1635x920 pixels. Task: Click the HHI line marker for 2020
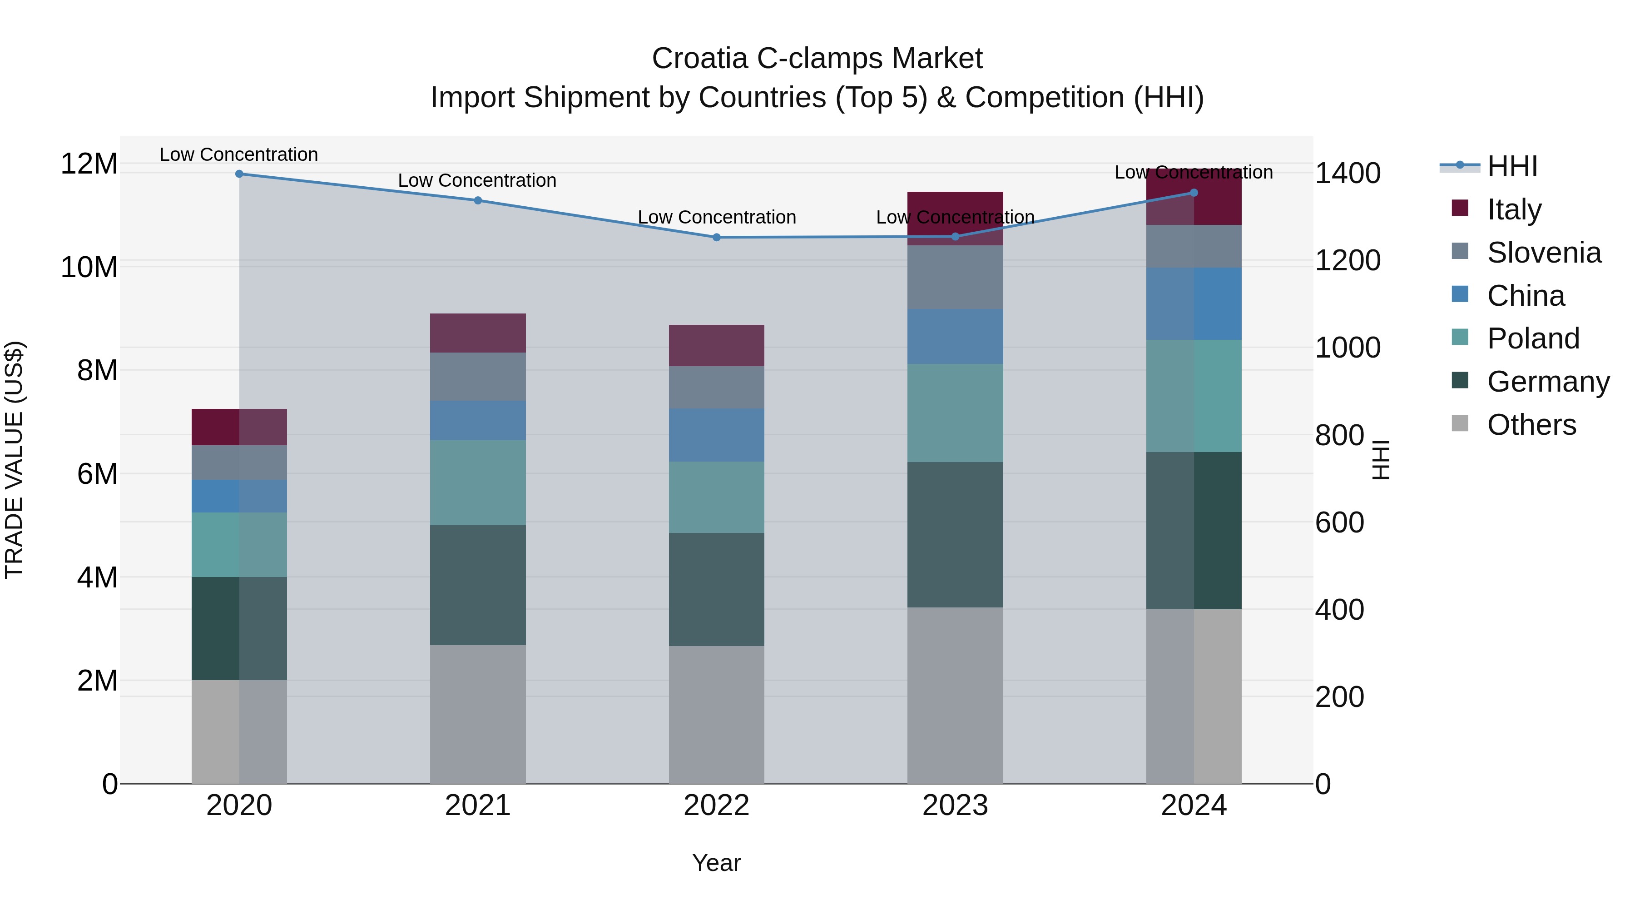[x=239, y=174]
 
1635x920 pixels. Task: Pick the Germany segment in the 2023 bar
[x=955, y=535]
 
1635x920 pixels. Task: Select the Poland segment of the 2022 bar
[x=717, y=497]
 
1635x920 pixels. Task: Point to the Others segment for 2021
[x=478, y=714]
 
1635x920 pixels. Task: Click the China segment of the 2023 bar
[x=955, y=337]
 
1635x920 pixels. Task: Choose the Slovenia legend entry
[x=1544, y=253]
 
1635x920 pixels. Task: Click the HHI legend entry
[x=1512, y=166]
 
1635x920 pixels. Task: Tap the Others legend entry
[x=1531, y=425]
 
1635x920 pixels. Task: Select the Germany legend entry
[x=1547, y=382]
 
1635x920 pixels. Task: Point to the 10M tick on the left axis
[x=89, y=267]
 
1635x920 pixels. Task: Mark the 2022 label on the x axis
[x=717, y=806]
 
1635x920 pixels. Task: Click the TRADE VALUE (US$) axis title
[x=14, y=460]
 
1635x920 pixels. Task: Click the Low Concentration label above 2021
[x=477, y=180]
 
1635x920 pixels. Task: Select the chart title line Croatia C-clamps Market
[x=817, y=59]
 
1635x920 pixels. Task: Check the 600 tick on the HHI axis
[x=1339, y=522]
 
